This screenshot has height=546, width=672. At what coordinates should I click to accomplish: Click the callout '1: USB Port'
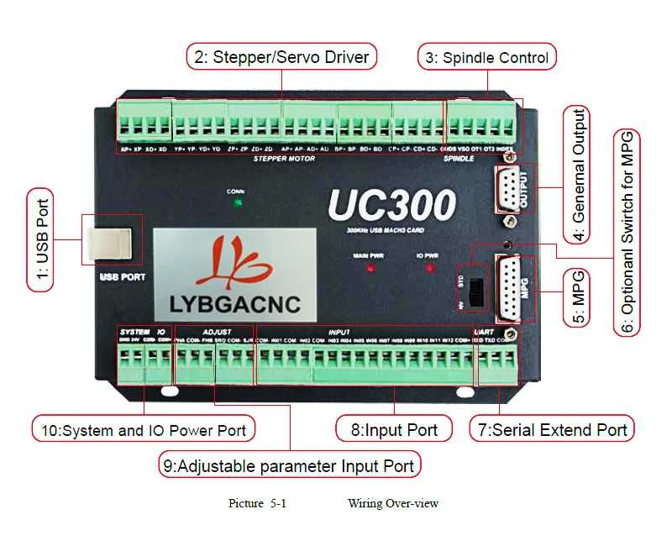click(40, 239)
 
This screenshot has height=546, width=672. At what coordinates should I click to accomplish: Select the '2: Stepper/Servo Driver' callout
click(281, 57)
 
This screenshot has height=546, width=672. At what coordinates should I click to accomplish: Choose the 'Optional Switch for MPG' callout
click(627, 233)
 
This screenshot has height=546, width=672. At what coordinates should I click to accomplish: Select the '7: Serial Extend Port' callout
click(552, 429)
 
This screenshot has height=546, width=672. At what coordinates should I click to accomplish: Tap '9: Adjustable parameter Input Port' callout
click(289, 465)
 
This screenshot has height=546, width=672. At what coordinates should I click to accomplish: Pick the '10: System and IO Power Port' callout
click(144, 429)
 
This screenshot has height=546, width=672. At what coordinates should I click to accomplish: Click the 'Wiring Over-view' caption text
click(392, 503)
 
